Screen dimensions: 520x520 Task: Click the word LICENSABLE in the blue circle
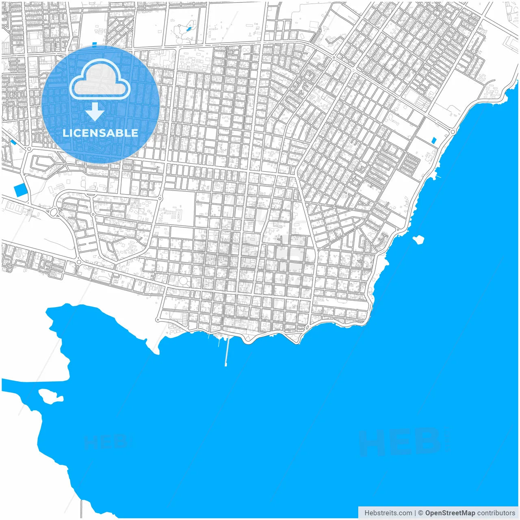pos(100,133)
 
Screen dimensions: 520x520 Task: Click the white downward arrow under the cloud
pos(95,112)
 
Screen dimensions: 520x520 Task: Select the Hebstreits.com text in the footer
pos(388,513)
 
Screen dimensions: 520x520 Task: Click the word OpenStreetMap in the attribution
pos(450,513)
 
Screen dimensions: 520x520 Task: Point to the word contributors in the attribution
pos(496,513)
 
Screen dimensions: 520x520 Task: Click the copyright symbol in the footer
pos(420,513)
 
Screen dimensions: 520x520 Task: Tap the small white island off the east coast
pos(418,239)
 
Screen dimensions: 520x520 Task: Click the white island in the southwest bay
pos(50,396)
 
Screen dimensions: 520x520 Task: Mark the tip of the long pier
pos(226,364)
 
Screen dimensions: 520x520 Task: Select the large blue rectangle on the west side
pos(19,190)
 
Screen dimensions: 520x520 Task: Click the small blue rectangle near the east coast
pos(433,141)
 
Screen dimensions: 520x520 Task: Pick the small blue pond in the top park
pos(188,29)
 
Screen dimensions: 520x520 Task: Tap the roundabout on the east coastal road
pos(453,132)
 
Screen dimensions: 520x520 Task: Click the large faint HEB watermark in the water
pos(402,442)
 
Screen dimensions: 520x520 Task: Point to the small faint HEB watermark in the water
pos(106,442)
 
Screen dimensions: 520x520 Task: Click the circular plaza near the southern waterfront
pos(184,281)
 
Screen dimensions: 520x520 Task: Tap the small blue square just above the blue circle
pos(95,45)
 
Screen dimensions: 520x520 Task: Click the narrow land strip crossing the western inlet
pos(37,381)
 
